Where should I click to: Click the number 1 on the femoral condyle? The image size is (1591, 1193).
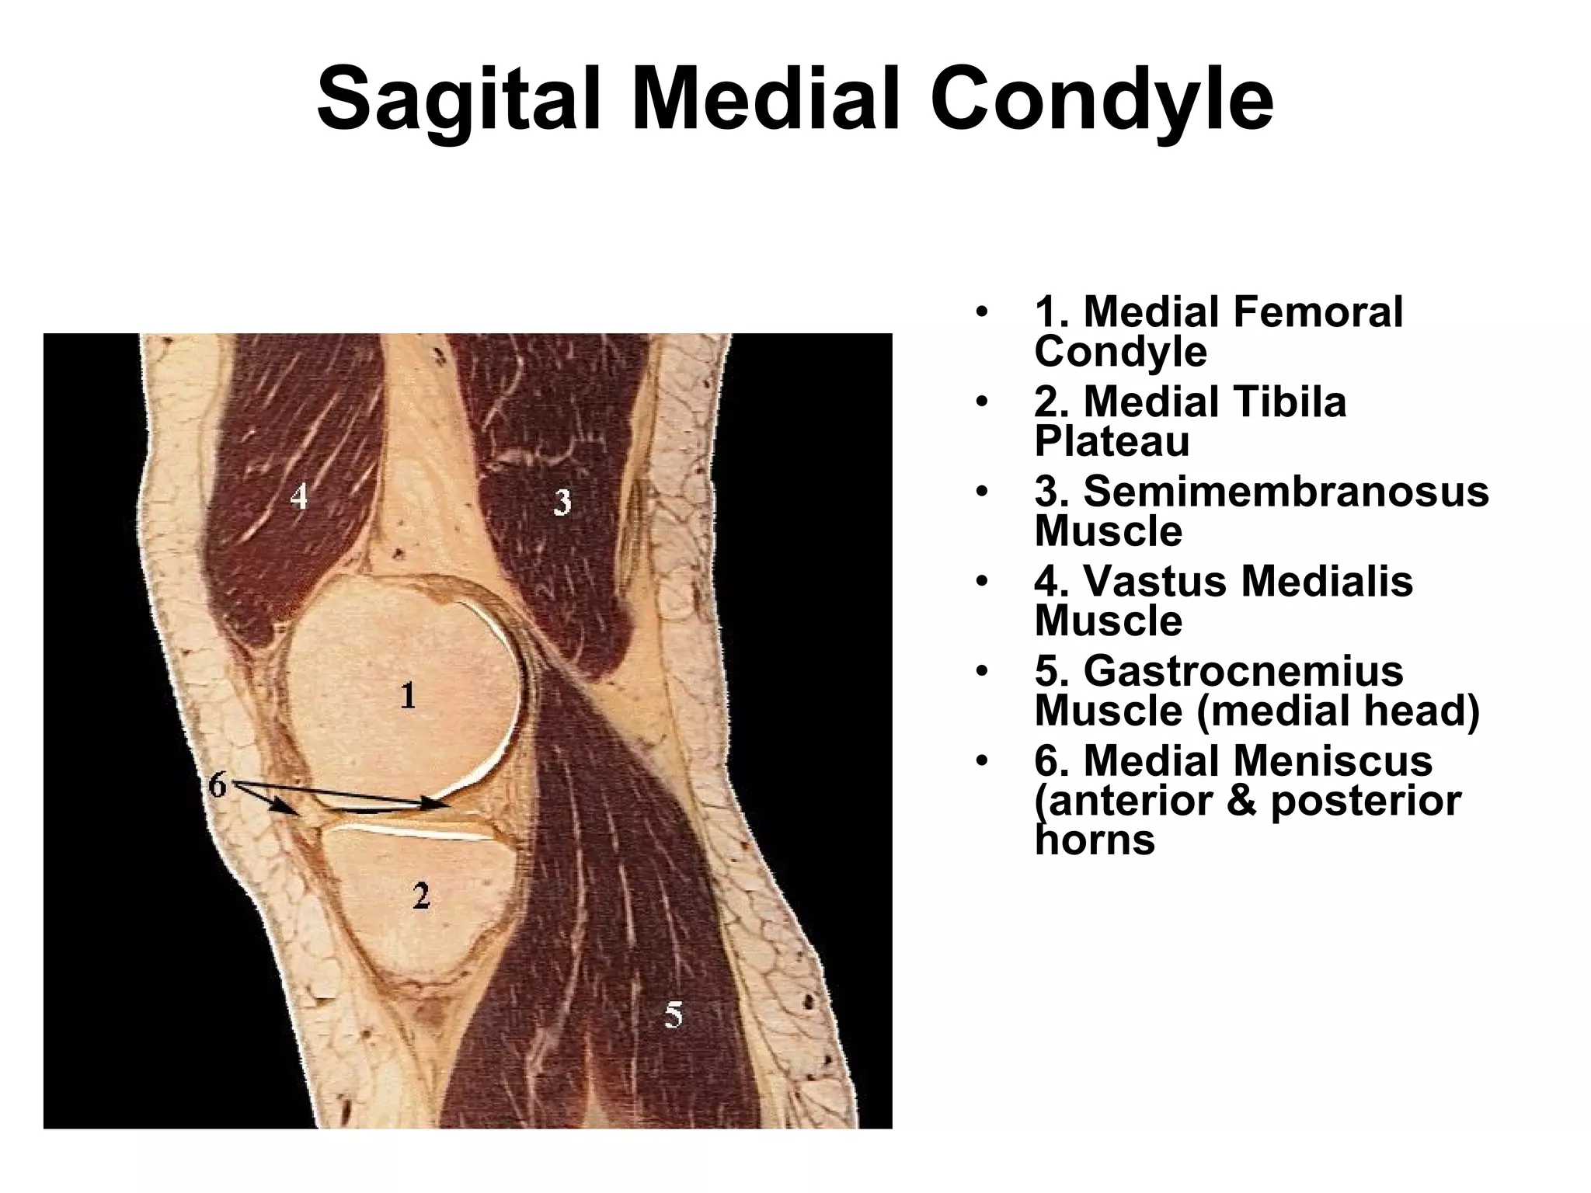click(x=408, y=695)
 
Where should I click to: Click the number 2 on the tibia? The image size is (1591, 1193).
click(x=420, y=896)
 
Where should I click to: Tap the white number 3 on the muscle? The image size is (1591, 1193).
click(x=562, y=503)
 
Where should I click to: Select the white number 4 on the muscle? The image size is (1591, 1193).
click(x=299, y=496)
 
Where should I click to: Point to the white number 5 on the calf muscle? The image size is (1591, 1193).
click(x=674, y=1014)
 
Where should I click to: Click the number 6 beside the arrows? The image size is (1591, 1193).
click(x=218, y=786)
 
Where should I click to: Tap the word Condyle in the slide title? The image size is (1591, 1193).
click(x=1102, y=102)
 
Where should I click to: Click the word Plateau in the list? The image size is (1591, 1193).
click(x=1112, y=442)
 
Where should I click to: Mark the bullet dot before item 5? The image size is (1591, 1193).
click(x=983, y=671)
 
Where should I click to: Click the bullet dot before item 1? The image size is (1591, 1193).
click(x=983, y=312)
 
